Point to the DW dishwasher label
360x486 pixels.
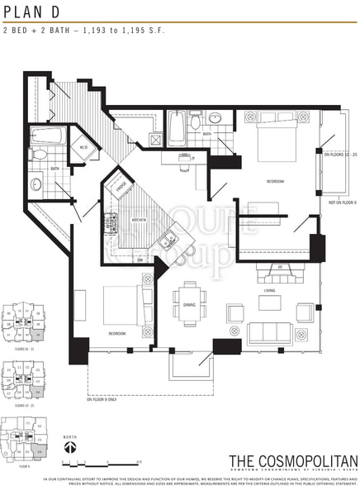coord(140,260)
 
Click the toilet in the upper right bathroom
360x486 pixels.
coord(193,123)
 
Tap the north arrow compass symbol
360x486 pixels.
coord(72,445)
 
